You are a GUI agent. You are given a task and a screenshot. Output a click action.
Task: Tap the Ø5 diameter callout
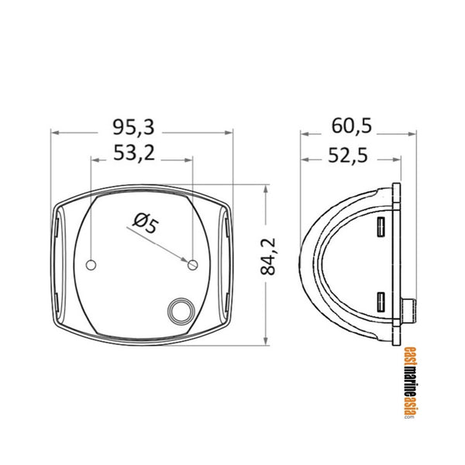[145, 225]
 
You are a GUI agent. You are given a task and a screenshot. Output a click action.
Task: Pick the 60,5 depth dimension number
[350, 125]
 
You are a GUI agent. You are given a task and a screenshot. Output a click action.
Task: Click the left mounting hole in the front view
[91, 266]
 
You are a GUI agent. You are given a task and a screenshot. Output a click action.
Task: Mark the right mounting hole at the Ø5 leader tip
[193, 266]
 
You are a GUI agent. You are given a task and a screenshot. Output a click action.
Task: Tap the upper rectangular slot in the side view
[381, 228]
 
